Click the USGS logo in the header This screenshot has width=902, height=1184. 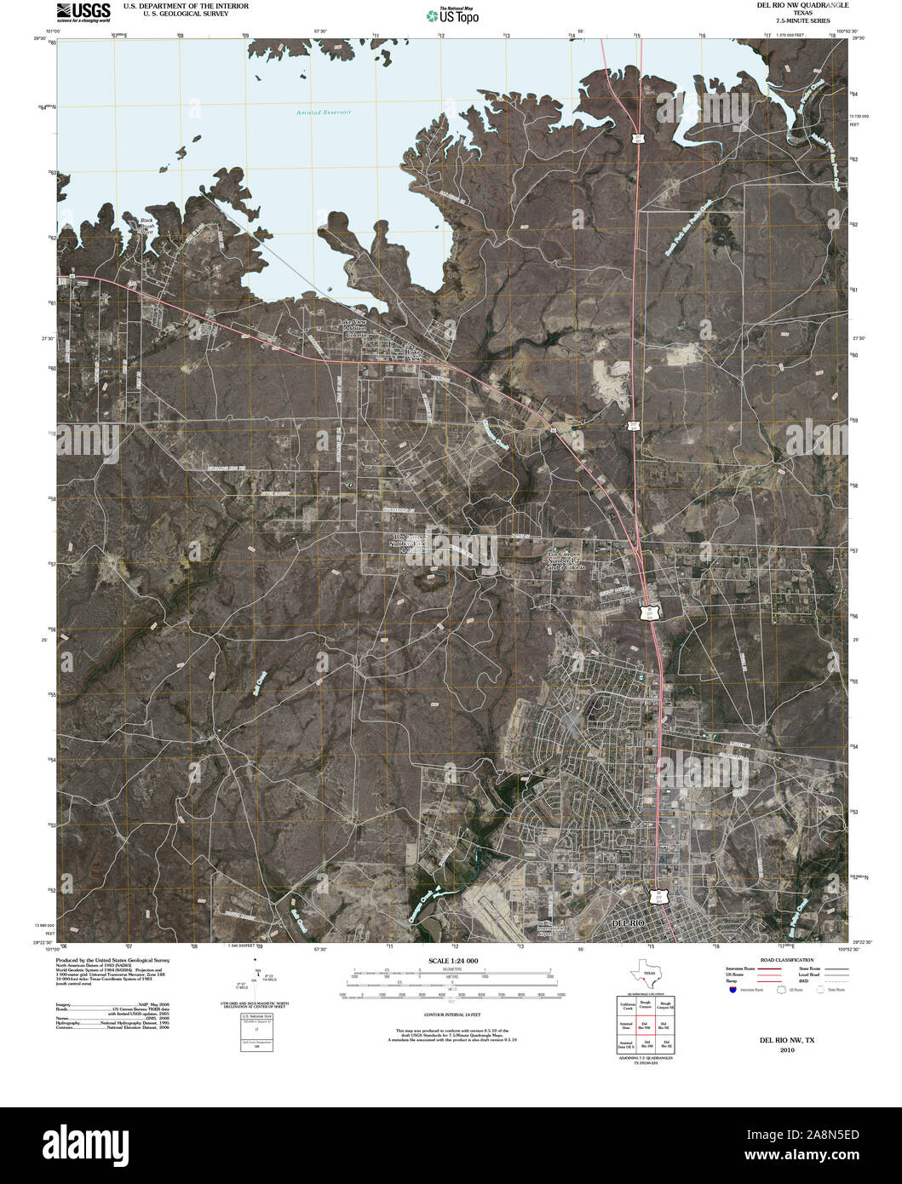point(83,12)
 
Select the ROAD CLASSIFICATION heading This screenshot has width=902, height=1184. point(775,960)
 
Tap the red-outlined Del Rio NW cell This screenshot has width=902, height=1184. point(645,1025)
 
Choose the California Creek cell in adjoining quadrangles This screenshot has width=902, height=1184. point(626,1006)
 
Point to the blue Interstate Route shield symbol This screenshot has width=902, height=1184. point(731,990)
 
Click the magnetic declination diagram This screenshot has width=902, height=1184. point(256,980)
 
